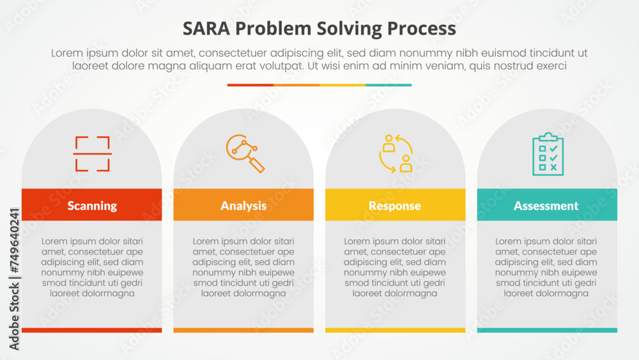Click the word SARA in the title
203,29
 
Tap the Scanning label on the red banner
92,205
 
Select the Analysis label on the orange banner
243,205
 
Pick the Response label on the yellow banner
395,205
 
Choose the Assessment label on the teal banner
546,205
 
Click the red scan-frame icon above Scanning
93,154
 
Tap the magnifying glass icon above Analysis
245,153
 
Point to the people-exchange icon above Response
396,153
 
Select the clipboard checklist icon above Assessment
548,153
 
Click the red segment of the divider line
250,84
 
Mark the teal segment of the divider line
389,84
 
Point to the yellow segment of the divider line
343,84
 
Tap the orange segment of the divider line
296,84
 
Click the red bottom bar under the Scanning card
92,330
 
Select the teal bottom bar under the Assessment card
547,330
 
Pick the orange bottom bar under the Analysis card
243,330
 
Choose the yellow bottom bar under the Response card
395,330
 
